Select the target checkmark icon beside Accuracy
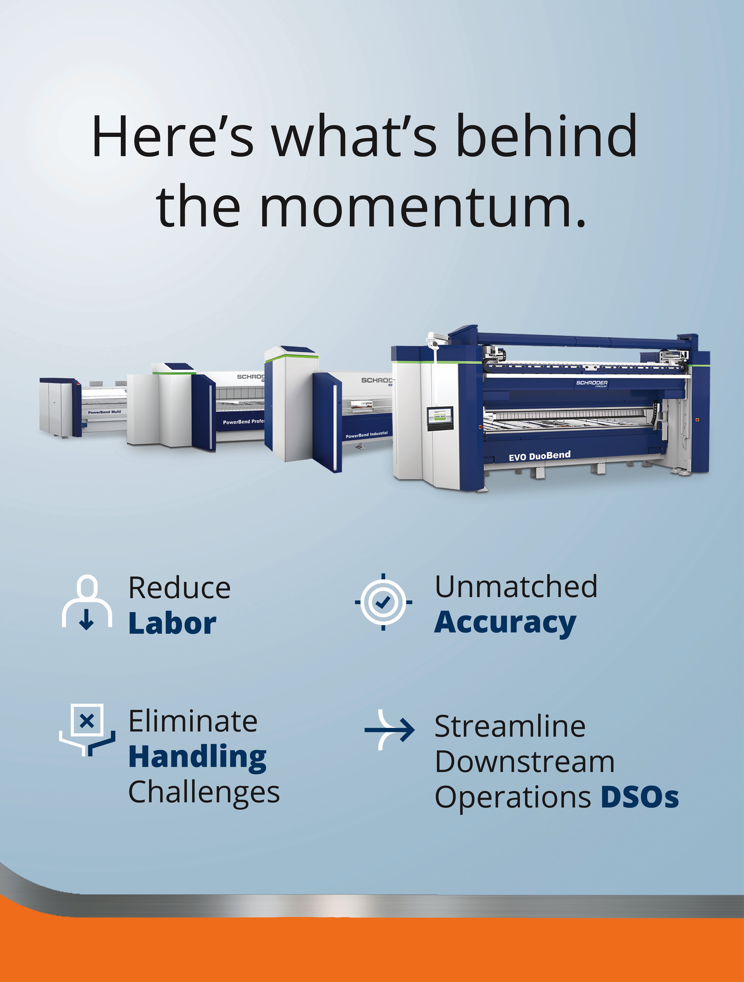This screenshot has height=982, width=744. pyautogui.click(x=383, y=602)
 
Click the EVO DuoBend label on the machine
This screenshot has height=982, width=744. pyautogui.click(x=540, y=456)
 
